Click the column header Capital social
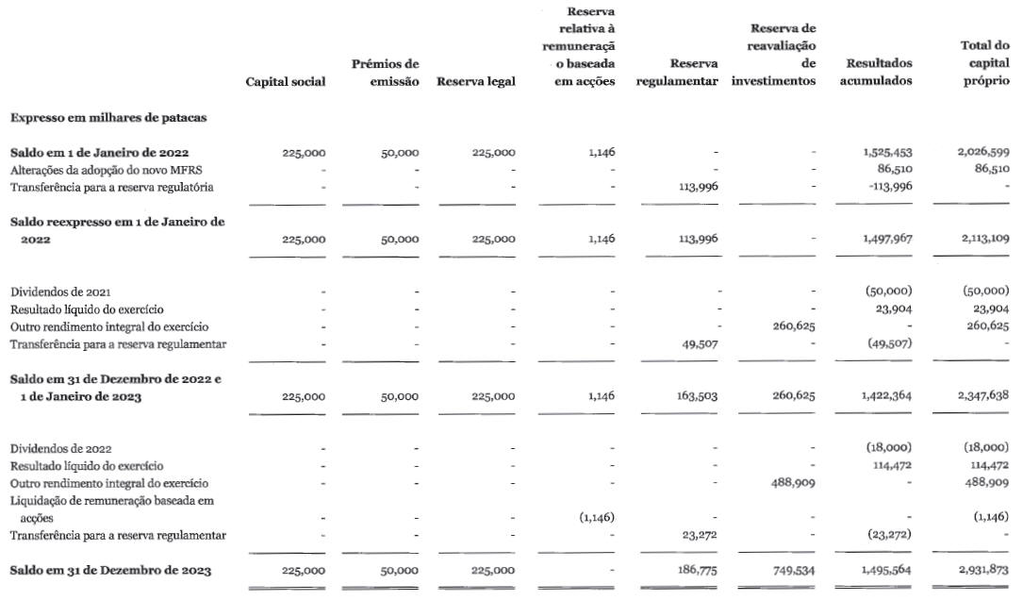click(285, 82)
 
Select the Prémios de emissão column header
click(385, 73)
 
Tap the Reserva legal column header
click(476, 82)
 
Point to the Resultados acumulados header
click(879, 73)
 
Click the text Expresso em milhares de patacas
click(108, 118)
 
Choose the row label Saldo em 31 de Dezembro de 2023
click(110, 571)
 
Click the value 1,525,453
click(887, 152)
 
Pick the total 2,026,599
click(982, 152)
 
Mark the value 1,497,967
click(887, 240)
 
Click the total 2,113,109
click(982, 240)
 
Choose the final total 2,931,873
click(982, 571)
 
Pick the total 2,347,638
click(982, 397)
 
